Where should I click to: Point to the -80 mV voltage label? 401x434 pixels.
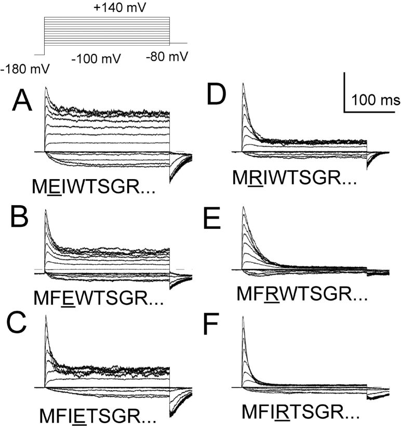click(167, 55)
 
